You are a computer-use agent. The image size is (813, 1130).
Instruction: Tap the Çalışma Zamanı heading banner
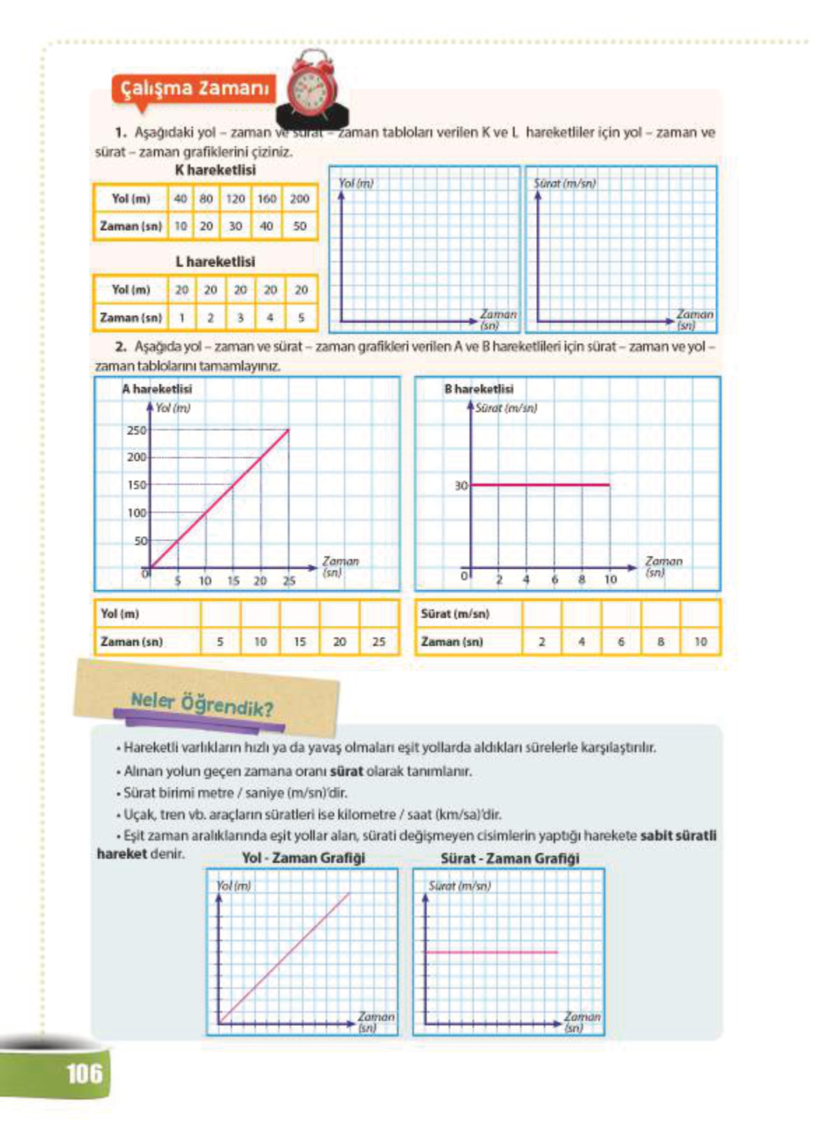tap(194, 89)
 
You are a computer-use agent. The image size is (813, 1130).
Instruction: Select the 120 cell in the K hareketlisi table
tap(235, 199)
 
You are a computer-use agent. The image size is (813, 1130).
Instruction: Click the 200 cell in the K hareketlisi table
tap(299, 199)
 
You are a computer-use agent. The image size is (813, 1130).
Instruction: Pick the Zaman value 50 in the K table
tap(299, 226)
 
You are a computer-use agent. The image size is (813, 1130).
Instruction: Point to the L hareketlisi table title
tap(215, 262)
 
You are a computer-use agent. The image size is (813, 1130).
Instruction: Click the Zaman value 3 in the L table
tap(240, 317)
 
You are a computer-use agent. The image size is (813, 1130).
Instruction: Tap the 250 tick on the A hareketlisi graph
tap(136, 431)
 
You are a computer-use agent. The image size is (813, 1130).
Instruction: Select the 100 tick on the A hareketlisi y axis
tap(136, 513)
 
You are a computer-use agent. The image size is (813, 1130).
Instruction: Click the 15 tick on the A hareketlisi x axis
tap(233, 580)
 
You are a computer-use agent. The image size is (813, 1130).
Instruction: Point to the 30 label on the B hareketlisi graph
tap(461, 485)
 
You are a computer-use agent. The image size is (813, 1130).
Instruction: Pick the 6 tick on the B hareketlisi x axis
tap(554, 580)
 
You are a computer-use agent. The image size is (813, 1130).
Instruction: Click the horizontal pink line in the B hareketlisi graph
tap(540, 484)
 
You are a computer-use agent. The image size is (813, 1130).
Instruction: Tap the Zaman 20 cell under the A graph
tap(339, 641)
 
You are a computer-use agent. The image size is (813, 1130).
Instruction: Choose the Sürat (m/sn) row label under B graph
tap(455, 613)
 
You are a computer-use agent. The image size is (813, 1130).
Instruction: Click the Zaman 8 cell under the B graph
tap(660, 641)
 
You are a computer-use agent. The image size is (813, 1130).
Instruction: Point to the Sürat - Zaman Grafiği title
tap(510, 858)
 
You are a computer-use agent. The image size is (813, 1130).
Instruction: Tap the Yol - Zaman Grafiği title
tap(303, 858)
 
